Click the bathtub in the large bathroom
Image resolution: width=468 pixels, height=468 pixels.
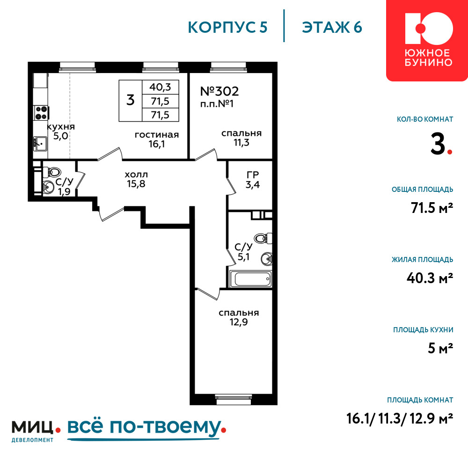click(250, 279)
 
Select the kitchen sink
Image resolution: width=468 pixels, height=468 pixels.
click(40, 144)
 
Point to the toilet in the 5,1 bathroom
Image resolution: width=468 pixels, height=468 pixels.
click(263, 238)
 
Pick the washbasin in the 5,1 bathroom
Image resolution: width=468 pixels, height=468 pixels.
click(267, 258)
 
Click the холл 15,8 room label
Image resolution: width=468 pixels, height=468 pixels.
click(136, 179)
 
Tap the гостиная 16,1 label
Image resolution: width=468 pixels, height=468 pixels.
click(157, 139)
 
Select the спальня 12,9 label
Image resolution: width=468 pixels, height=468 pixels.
click(239, 317)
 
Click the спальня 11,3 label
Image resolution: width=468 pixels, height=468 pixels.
click(241, 138)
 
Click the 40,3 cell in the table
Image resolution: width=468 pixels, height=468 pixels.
click(160, 87)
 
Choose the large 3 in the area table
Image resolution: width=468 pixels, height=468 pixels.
click(131, 100)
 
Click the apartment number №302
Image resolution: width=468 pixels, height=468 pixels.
click(219, 91)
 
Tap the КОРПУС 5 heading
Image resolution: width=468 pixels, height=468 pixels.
click(227, 27)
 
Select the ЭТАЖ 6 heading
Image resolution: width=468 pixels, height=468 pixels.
click(332, 27)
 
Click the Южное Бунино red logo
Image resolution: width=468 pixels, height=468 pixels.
click(427, 40)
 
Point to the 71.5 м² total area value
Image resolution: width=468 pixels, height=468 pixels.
click(432, 208)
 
